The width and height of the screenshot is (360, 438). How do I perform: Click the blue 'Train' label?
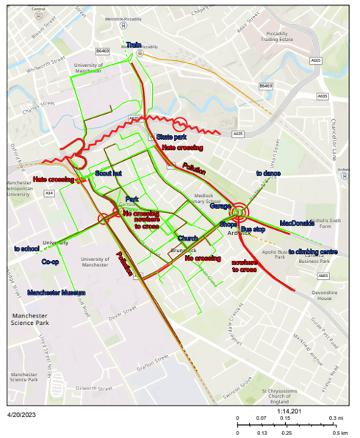point(133,46)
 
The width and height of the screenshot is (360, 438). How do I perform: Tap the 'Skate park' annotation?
point(170,137)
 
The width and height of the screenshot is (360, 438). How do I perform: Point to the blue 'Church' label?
point(187,238)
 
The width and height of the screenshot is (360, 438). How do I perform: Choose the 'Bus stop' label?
point(253,230)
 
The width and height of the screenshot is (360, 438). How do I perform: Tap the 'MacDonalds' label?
point(297,223)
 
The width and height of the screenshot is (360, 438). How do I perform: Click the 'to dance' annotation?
point(268,174)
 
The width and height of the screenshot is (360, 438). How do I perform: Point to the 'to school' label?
point(26,249)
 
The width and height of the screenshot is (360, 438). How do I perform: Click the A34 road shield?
point(49,193)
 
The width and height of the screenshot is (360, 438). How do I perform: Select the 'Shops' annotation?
point(228,224)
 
